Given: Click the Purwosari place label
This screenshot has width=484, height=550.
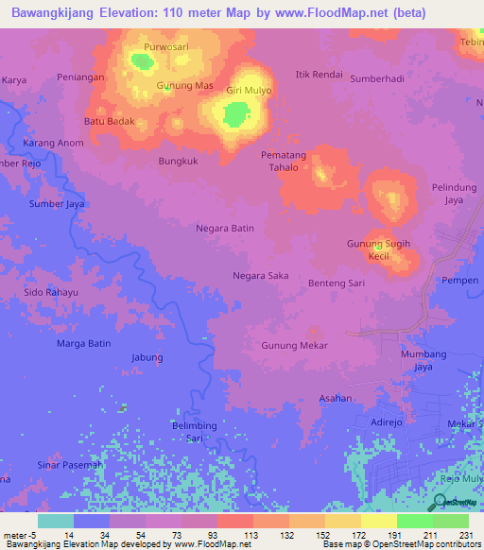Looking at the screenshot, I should click(166, 46).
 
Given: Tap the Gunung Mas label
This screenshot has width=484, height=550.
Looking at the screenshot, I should click(184, 86).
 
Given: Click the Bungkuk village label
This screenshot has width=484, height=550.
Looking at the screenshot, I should click(177, 161).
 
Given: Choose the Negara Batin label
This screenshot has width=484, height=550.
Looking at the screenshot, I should click(225, 228).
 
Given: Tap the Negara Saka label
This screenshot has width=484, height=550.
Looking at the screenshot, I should click(261, 275).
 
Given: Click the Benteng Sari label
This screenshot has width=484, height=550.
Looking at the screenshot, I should click(337, 283).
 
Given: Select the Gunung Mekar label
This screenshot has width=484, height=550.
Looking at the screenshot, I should click(295, 345).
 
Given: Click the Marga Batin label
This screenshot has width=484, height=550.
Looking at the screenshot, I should click(84, 343).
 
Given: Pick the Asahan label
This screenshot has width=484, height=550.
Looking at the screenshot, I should click(335, 398).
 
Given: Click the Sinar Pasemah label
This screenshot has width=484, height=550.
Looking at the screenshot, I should click(70, 465).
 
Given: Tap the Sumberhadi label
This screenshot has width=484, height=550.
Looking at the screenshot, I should click(377, 80).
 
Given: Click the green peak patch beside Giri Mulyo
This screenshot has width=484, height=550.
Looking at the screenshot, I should click(233, 114).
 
